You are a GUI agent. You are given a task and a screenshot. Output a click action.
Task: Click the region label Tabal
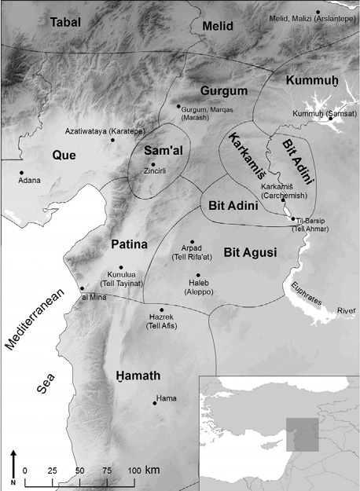coord(70,23)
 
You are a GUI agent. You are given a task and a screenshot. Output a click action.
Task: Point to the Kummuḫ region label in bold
coord(312,81)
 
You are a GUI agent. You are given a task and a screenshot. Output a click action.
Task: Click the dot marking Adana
coord(21,172)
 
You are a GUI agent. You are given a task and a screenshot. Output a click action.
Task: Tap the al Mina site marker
coord(82,288)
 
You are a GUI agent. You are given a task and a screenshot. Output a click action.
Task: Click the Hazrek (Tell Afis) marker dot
coord(162,310)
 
